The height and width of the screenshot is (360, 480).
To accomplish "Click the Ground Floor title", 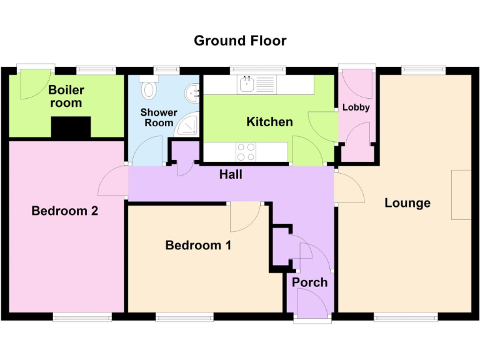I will tap(240, 41).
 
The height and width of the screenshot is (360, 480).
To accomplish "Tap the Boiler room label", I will tap(66, 97).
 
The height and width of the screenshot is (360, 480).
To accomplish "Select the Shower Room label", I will tap(159, 118).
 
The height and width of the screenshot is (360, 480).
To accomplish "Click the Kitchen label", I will tap(269, 122).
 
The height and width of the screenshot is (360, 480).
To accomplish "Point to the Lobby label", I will tap(356, 107).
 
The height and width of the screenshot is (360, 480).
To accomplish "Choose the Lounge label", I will tap(407, 203).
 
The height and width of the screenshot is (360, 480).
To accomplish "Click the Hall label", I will tap(231, 175).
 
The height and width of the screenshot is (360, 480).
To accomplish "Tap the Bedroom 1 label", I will tap(198, 245).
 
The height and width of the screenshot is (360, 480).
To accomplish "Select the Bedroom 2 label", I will tap(65, 211).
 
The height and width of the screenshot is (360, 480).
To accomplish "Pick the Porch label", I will tap(310, 282).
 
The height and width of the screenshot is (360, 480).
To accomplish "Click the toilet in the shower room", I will tap(149, 91).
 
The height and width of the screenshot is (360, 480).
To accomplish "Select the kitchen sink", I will tap(249, 83).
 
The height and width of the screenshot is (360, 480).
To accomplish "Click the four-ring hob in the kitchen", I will tap(246, 151).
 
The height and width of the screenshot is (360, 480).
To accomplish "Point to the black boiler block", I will tap(71, 127).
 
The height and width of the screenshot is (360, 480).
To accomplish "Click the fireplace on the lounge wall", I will tap(462, 194).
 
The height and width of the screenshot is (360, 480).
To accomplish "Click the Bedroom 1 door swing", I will tap(244, 216).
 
